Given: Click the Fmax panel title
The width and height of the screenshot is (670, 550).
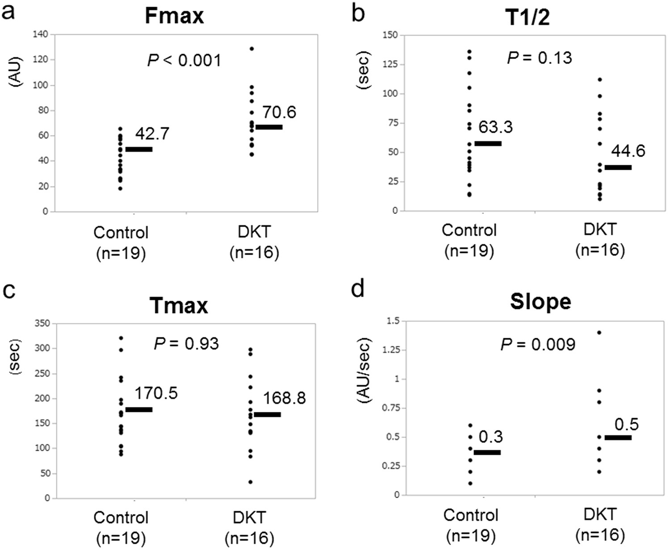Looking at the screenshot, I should (174, 16).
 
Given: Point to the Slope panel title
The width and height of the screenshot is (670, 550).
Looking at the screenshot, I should (540, 302).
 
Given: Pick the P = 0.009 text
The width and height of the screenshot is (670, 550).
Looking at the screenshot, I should (537, 344).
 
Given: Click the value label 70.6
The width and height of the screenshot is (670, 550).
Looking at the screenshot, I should (279, 112).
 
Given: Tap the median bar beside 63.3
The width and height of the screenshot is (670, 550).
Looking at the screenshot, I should (488, 143).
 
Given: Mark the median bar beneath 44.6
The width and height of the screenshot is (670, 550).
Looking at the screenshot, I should (618, 168).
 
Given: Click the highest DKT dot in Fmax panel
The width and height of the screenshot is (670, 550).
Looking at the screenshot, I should (252, 49).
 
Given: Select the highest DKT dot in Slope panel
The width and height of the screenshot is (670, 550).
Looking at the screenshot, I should (599, 332).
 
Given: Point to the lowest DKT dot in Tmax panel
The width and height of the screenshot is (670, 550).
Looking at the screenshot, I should (251, 482).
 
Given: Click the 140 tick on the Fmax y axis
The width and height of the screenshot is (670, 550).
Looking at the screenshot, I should (42, 34).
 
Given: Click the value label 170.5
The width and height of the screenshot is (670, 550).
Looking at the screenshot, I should (156, 393).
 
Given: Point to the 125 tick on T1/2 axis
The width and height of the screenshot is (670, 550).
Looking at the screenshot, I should (392, 64).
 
